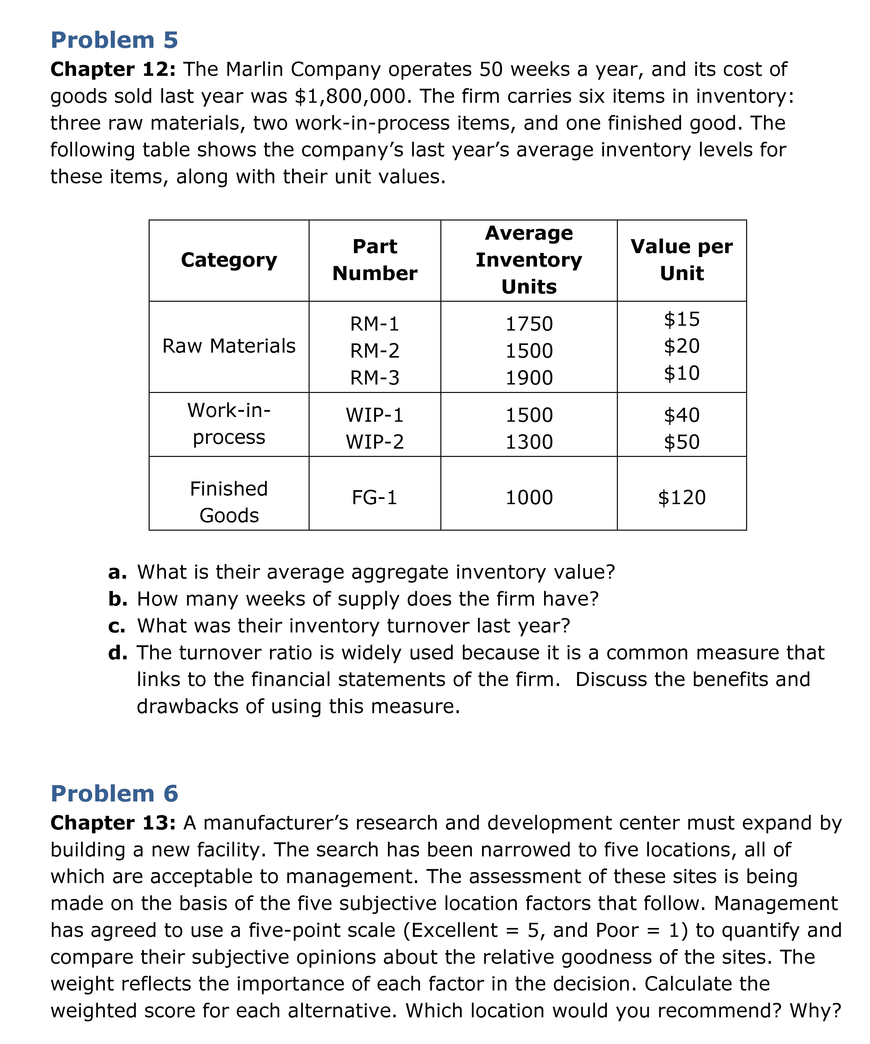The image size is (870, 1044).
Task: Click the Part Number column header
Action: [375, 260]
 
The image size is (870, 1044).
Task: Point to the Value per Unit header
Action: [682, 260]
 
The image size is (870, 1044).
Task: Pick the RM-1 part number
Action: [375, 324]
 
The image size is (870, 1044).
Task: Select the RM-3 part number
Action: [375, 378]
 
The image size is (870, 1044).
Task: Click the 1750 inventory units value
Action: [529, 324]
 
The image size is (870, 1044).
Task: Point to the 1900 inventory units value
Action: [529, 378]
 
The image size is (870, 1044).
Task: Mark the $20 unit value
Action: [682, 346]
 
